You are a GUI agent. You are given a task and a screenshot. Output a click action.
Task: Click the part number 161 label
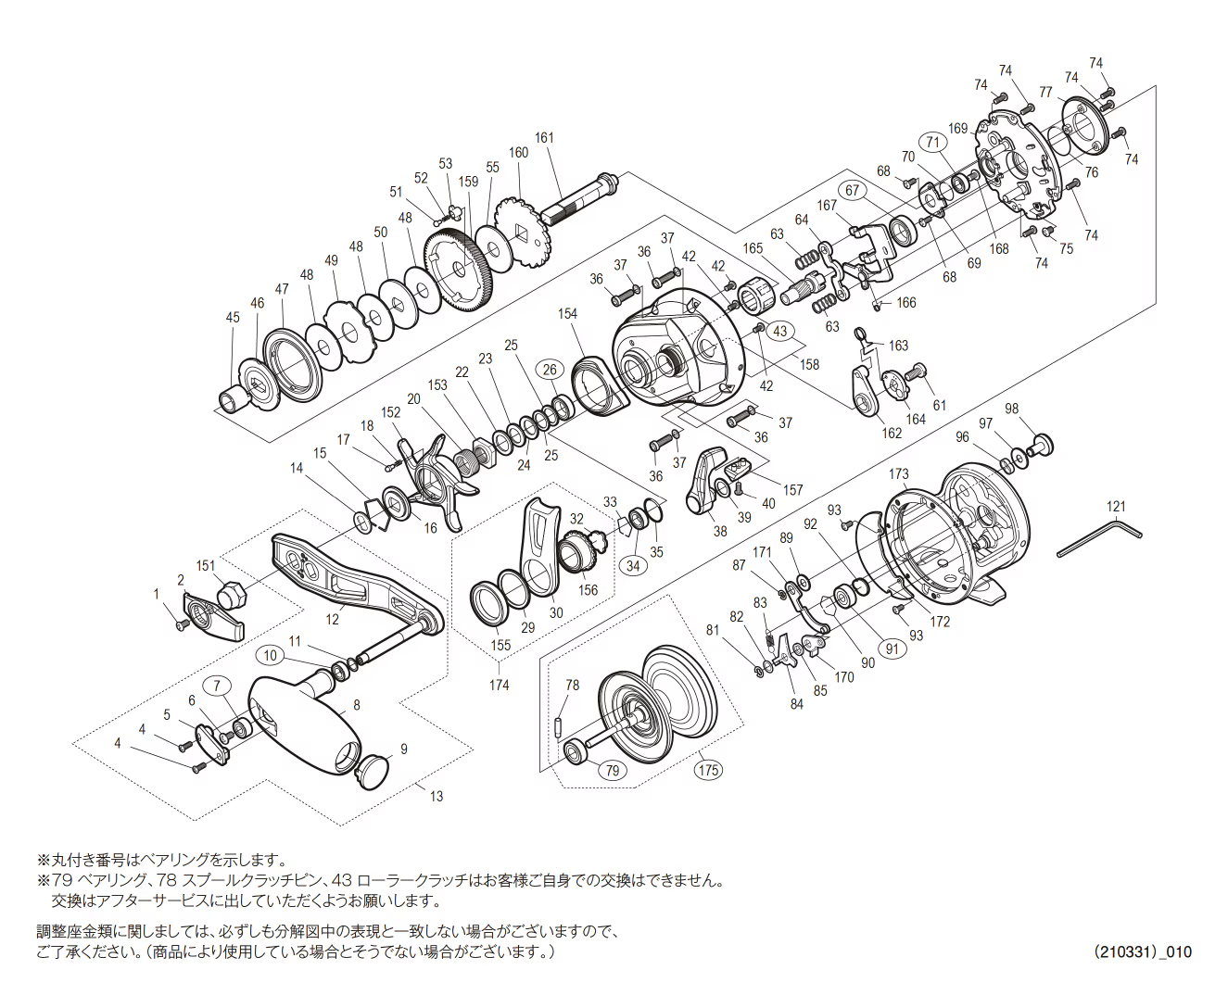pos(544,138)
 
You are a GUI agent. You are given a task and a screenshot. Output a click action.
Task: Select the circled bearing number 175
pos(709,768)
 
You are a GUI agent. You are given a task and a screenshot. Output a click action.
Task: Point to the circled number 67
pos(852,190)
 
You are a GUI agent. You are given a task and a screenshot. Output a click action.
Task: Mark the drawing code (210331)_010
pos(1142,952)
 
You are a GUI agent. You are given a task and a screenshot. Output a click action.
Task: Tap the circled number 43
pos(779,331)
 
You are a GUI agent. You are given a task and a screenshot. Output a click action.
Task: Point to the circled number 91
pos(893,649)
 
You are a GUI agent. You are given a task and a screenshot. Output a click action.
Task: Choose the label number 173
pos(898,474)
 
